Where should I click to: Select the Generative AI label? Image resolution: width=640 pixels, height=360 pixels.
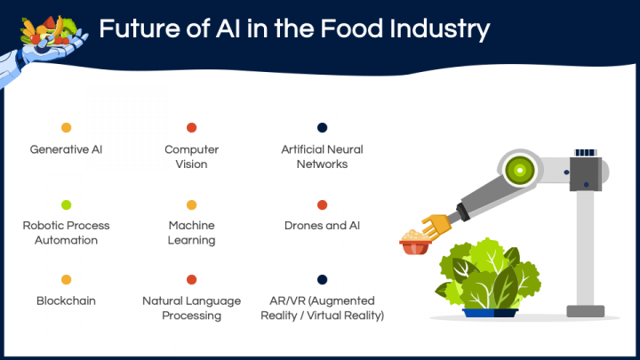coord(66,149)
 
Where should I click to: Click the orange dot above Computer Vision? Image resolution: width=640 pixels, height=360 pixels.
coord(191,128)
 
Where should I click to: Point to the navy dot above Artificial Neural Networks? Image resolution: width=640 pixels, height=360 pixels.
coord(322,128)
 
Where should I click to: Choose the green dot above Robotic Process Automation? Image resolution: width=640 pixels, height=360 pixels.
coord(66,205)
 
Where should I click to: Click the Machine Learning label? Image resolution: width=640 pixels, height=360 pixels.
coord(191,233)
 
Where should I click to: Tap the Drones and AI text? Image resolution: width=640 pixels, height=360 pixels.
coord(322,225)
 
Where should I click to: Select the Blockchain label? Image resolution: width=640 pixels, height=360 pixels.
coord(66,300)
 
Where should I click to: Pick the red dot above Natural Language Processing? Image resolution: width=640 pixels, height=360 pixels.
coord(191,280)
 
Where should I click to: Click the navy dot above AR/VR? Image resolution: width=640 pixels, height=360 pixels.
coord(322,280)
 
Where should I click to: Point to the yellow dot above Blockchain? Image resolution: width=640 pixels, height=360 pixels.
coord(66,280)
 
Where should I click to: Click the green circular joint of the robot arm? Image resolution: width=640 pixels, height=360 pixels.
coord(520,170)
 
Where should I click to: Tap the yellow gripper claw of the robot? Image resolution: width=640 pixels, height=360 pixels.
coord(436,226)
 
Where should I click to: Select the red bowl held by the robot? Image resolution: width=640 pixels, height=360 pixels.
coord(415,247)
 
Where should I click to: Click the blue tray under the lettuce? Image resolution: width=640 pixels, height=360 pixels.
coord(490,313)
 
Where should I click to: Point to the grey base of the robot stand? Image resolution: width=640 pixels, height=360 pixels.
coord(585,311)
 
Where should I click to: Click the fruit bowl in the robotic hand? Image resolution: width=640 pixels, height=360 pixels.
coord(49,32)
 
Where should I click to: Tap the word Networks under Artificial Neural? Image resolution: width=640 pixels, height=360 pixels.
coord(322,164)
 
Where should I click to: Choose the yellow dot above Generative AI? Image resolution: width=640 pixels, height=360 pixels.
coord(66,128)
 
